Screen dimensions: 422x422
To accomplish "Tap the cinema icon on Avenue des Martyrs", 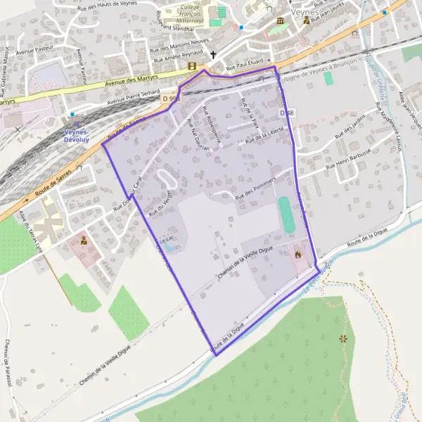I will pyautogui.click(x=192, y=66).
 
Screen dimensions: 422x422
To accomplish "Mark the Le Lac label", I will pyautogui.click(x=166, y=238).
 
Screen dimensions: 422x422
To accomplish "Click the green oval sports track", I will pyautogui.click(x=286, y=216).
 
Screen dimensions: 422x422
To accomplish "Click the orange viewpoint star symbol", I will pyautogui.click(x=343, y=339).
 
